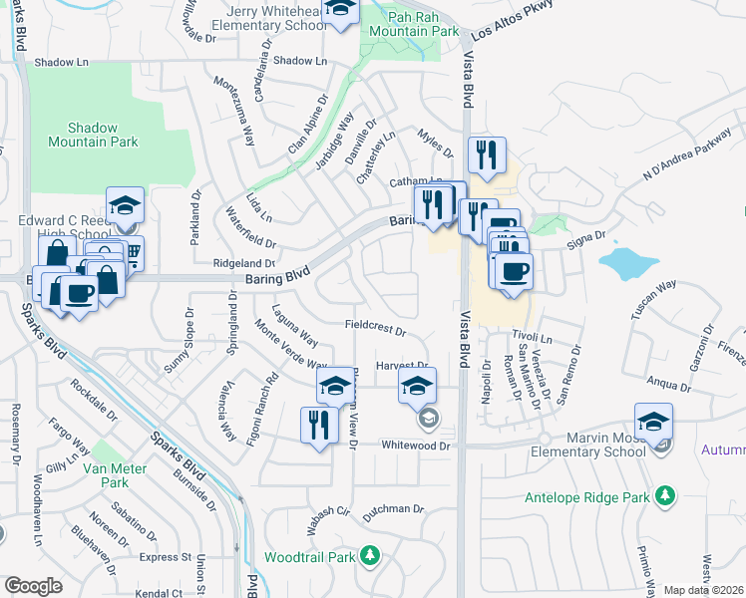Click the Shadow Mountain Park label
tap(93, 136)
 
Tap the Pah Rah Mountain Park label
tap(412, 24)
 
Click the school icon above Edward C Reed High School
tap(126, 205)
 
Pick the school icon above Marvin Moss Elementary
tap(653, 421)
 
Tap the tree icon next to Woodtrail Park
tap(370, 554)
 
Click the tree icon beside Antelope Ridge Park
tap(662, 495)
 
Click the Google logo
tap(33, 586)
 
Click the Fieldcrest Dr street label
tap(376, 328)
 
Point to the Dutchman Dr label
tap(392, 509)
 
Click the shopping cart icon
tap(130, 253)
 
